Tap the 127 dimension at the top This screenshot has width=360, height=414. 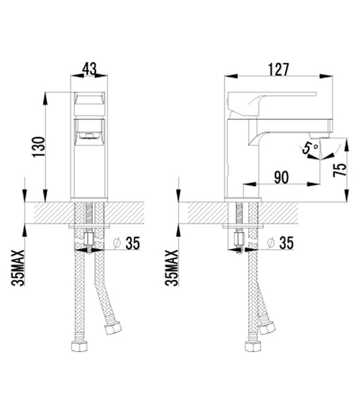coord(279,69)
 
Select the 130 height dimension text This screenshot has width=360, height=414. coord(39,147)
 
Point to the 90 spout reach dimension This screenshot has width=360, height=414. coord(281,177)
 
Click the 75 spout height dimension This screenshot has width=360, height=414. coord(340,170)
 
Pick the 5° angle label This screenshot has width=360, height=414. coord(310,148)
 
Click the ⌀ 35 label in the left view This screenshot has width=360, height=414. coord(126,243)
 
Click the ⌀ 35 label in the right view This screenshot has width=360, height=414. coord(280,242)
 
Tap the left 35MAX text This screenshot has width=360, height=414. coord(18,268)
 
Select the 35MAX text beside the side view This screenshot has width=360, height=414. coord(172,268)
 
